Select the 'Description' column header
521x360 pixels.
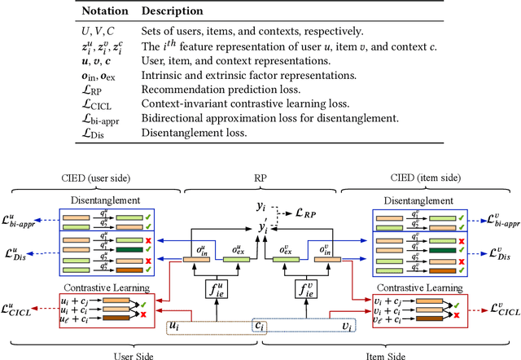pyautogui.click(x=173, y=11)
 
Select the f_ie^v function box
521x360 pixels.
pyautogui.click(x=301, y=288)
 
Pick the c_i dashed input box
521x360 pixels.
pyautogui.click(x=260, y=326)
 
